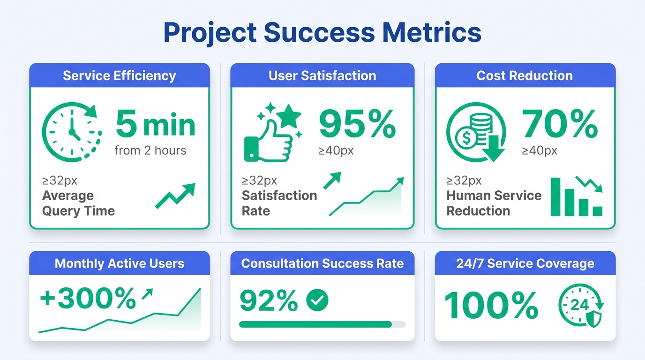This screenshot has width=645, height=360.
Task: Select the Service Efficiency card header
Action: pos(120,75)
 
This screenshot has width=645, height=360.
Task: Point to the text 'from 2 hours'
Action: pos(150,150)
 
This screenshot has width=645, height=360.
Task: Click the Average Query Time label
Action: pos(78,203)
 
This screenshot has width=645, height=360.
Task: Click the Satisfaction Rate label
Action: pos(279,203)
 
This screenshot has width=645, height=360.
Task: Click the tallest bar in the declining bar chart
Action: pos(556,196)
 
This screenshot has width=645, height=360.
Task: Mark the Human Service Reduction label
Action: pos(494,203)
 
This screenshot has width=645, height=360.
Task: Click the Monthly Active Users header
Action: pos(120,263)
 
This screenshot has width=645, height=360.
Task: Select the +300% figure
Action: pos(88,299)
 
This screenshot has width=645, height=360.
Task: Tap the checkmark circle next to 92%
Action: pos(317,300)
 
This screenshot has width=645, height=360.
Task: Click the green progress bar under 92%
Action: pos(315,324)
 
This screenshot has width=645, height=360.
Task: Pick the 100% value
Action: pos(491,306)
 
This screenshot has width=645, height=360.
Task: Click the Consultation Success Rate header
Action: pos(322,263)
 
